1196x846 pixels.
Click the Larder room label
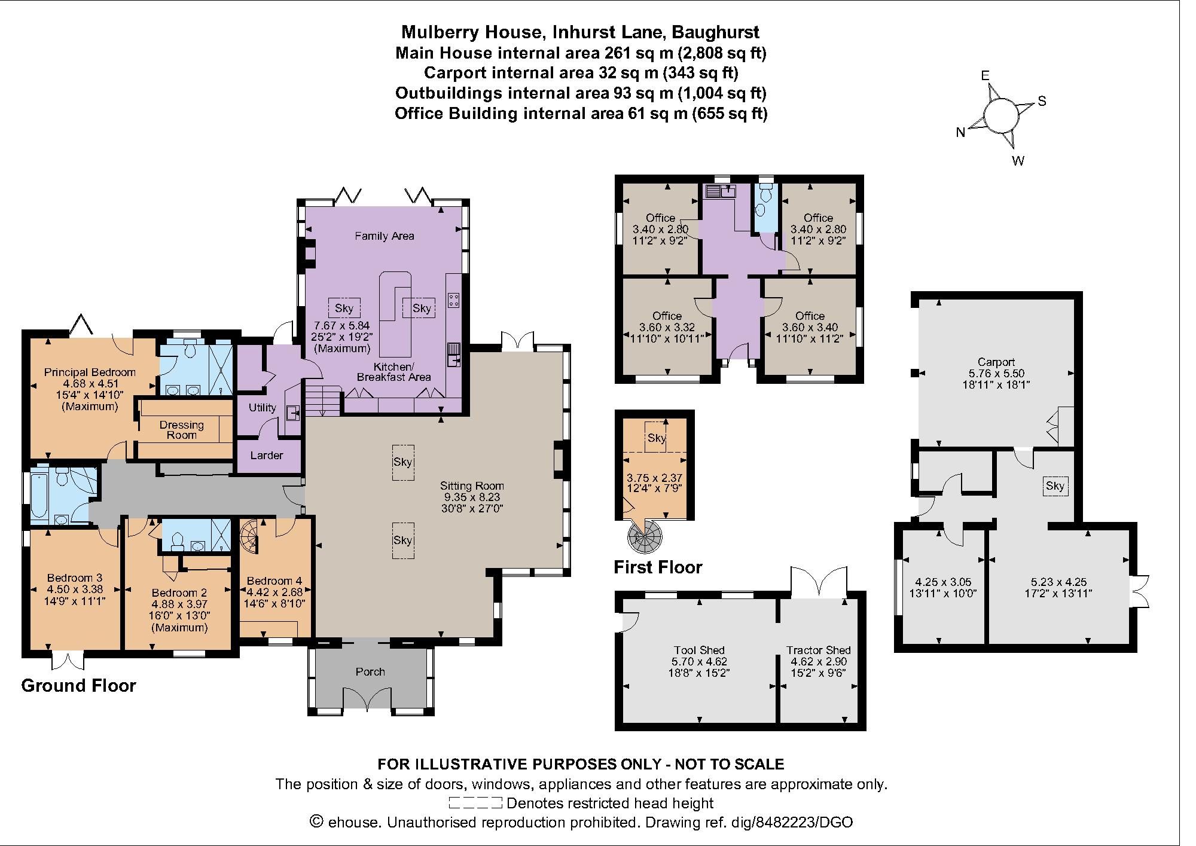[x=266, y=456]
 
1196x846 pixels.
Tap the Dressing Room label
[x=181, y=430]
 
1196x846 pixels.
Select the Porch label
[x=370, y=672]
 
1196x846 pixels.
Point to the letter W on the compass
[x=1018, y=161]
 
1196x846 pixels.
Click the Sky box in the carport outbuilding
[x=1055, y=485]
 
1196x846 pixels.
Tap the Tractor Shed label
[x=818, y=650]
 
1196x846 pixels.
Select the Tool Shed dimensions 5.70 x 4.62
[x=699, y=662]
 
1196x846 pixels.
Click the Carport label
[x=996, y=362]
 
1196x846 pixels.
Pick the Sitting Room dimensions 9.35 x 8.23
[x=471, y=497]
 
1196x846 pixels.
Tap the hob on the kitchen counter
[x=453, y=300]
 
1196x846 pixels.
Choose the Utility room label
[x=262, y=408]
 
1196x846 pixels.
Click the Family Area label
[x=384, y=236]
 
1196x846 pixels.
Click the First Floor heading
[x=658, y=567]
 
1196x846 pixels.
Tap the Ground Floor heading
[x=78, y=686]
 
